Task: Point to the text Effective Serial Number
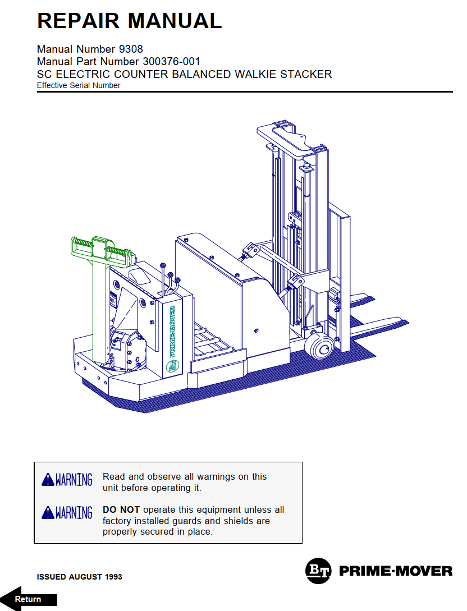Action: [79, 86]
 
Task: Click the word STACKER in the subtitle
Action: [307, 74]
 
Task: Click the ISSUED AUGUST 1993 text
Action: [79, 577]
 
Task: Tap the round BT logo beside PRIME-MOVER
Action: [318, 571]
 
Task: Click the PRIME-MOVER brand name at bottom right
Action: [396, 571]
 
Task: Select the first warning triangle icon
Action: [48, 480]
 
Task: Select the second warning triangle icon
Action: [48, 513]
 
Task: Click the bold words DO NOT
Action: [121, 510]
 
